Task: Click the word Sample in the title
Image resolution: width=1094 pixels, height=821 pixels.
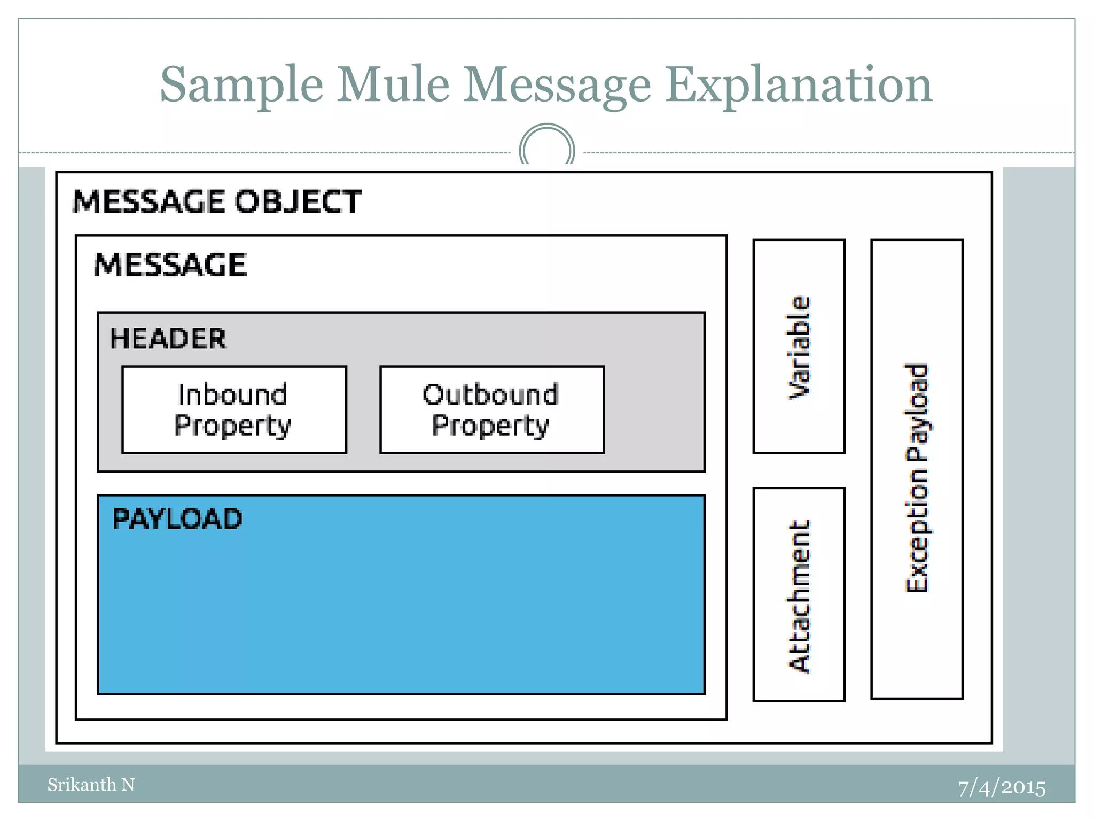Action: click(241, 86)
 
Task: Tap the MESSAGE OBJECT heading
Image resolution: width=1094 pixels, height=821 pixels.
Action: click(217, 202)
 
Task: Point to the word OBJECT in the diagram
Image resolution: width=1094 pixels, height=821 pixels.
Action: click(298, 202)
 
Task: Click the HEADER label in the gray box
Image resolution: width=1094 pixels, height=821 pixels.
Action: click(168, 339)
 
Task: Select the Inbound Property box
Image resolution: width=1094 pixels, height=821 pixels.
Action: click(234, 409)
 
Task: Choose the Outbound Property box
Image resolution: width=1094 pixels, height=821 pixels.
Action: click(491, 409)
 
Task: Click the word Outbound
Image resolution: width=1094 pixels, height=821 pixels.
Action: click(490, 395)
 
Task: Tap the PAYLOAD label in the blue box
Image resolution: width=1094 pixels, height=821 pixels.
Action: click(177, 519)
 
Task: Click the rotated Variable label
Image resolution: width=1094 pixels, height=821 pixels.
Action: click(799, 347)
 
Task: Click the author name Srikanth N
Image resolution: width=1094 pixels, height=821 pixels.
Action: click(91, 785)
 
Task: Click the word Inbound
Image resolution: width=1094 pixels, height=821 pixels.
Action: click(233, 395)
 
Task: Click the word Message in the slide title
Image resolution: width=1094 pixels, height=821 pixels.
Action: click(557, 86)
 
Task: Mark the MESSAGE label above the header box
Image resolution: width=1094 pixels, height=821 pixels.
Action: click(170, 265)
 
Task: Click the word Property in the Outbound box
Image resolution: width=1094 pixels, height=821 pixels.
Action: click(490, 425)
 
